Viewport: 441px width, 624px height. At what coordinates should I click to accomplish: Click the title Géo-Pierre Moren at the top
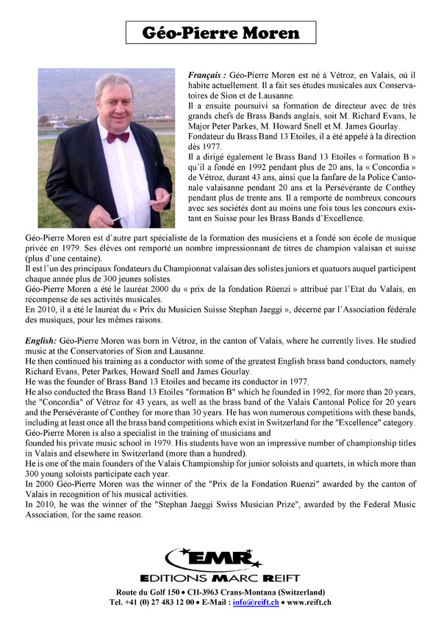(220, 33)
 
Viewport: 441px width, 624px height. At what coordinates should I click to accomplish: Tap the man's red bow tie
(118, 137)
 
